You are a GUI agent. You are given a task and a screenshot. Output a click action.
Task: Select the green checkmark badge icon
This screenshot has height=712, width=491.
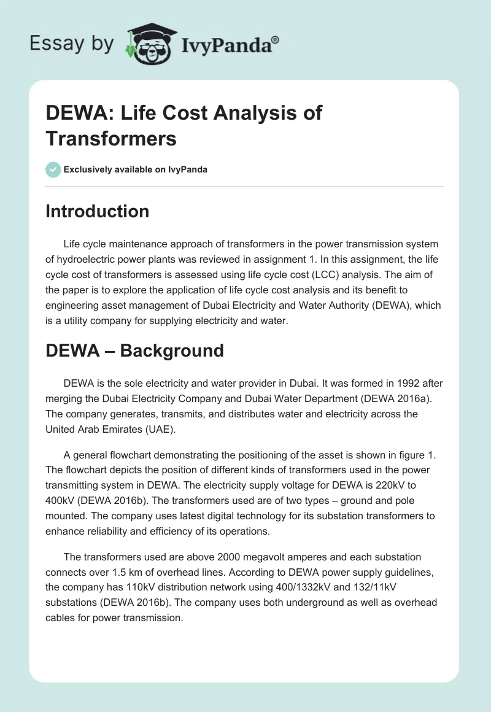[x=53, y=169]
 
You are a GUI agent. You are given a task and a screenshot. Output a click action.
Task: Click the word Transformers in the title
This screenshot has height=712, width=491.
[x=111, y=138]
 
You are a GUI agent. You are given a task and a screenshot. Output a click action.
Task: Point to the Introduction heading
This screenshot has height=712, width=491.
[x=98, y=211]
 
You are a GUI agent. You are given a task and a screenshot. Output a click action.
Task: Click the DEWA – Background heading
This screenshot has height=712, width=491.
[x=134, y=350]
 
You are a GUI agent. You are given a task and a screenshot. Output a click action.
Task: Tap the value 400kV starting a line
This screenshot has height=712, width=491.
[x=61, y=500]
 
